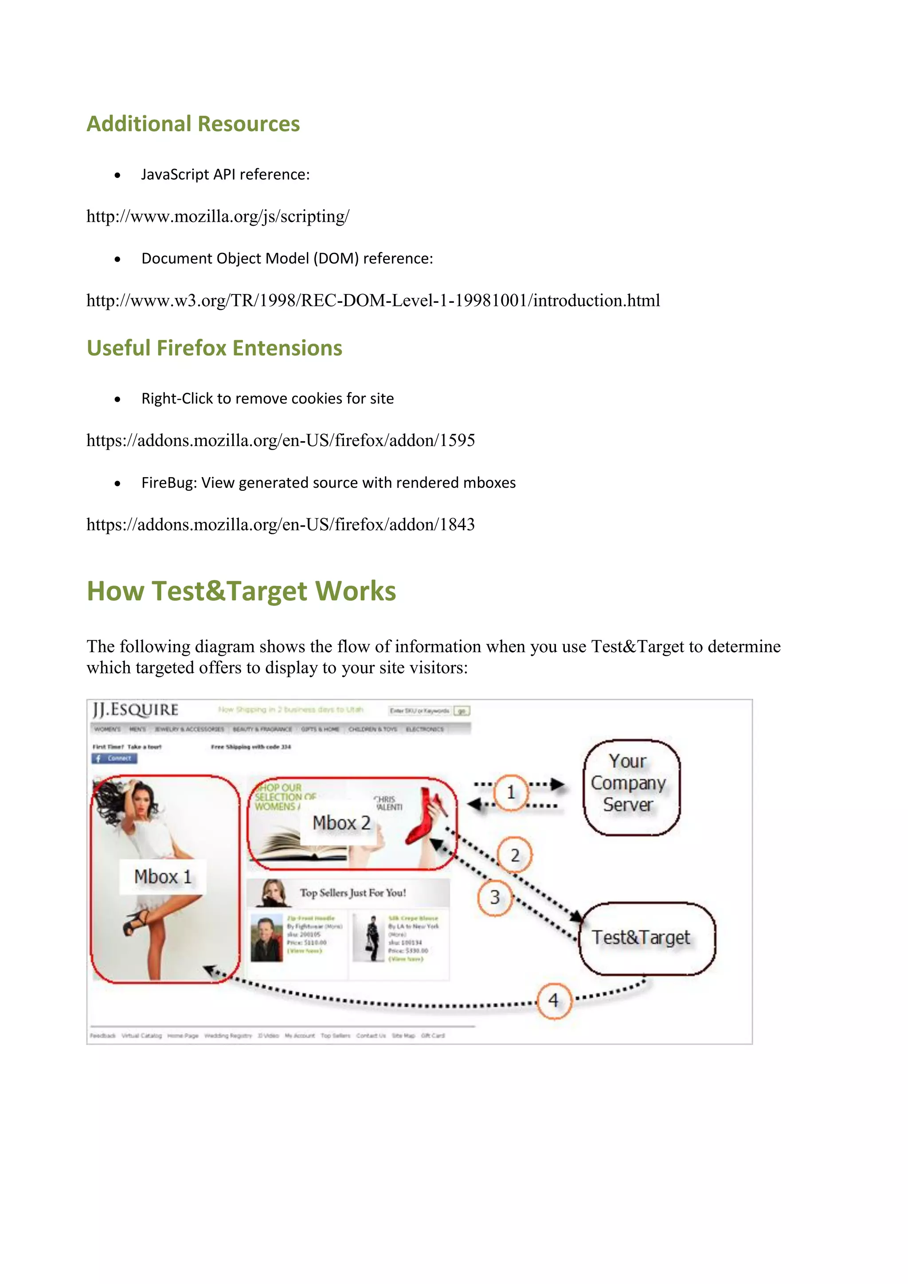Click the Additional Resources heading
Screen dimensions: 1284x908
click(x=193, y=124)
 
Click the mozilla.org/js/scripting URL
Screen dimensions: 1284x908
click(x=218, y=216)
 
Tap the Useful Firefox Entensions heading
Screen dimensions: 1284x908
click(x=214, y=348)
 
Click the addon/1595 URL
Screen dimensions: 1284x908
click(x=280, y=440)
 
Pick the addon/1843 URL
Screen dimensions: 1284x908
click(x=280, y=525)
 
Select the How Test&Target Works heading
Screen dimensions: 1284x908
click(x=241, y=591)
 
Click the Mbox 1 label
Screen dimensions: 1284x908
click(x=163, y=876)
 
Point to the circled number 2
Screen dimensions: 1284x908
click(x=515, y=855)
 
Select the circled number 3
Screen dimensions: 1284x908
click(x=495, y=897)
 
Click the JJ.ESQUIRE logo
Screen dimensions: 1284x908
click(x=136, y=710)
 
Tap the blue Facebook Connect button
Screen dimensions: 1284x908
click(x=115, y=758)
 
